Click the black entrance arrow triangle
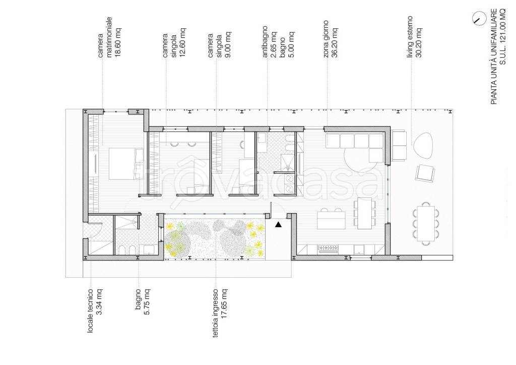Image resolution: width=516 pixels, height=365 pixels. pos(278,225)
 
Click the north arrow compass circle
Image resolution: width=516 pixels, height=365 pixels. pos(478,19)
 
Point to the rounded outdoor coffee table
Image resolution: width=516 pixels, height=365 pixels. pos(424,145)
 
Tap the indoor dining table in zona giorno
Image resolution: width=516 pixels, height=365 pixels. pos(365,213)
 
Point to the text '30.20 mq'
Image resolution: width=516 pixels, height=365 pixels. pos(419,42)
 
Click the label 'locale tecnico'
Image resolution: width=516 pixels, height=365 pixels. pos(90,310)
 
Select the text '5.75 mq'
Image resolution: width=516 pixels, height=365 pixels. pos(147,302)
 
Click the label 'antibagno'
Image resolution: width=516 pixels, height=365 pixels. pos(265,42)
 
